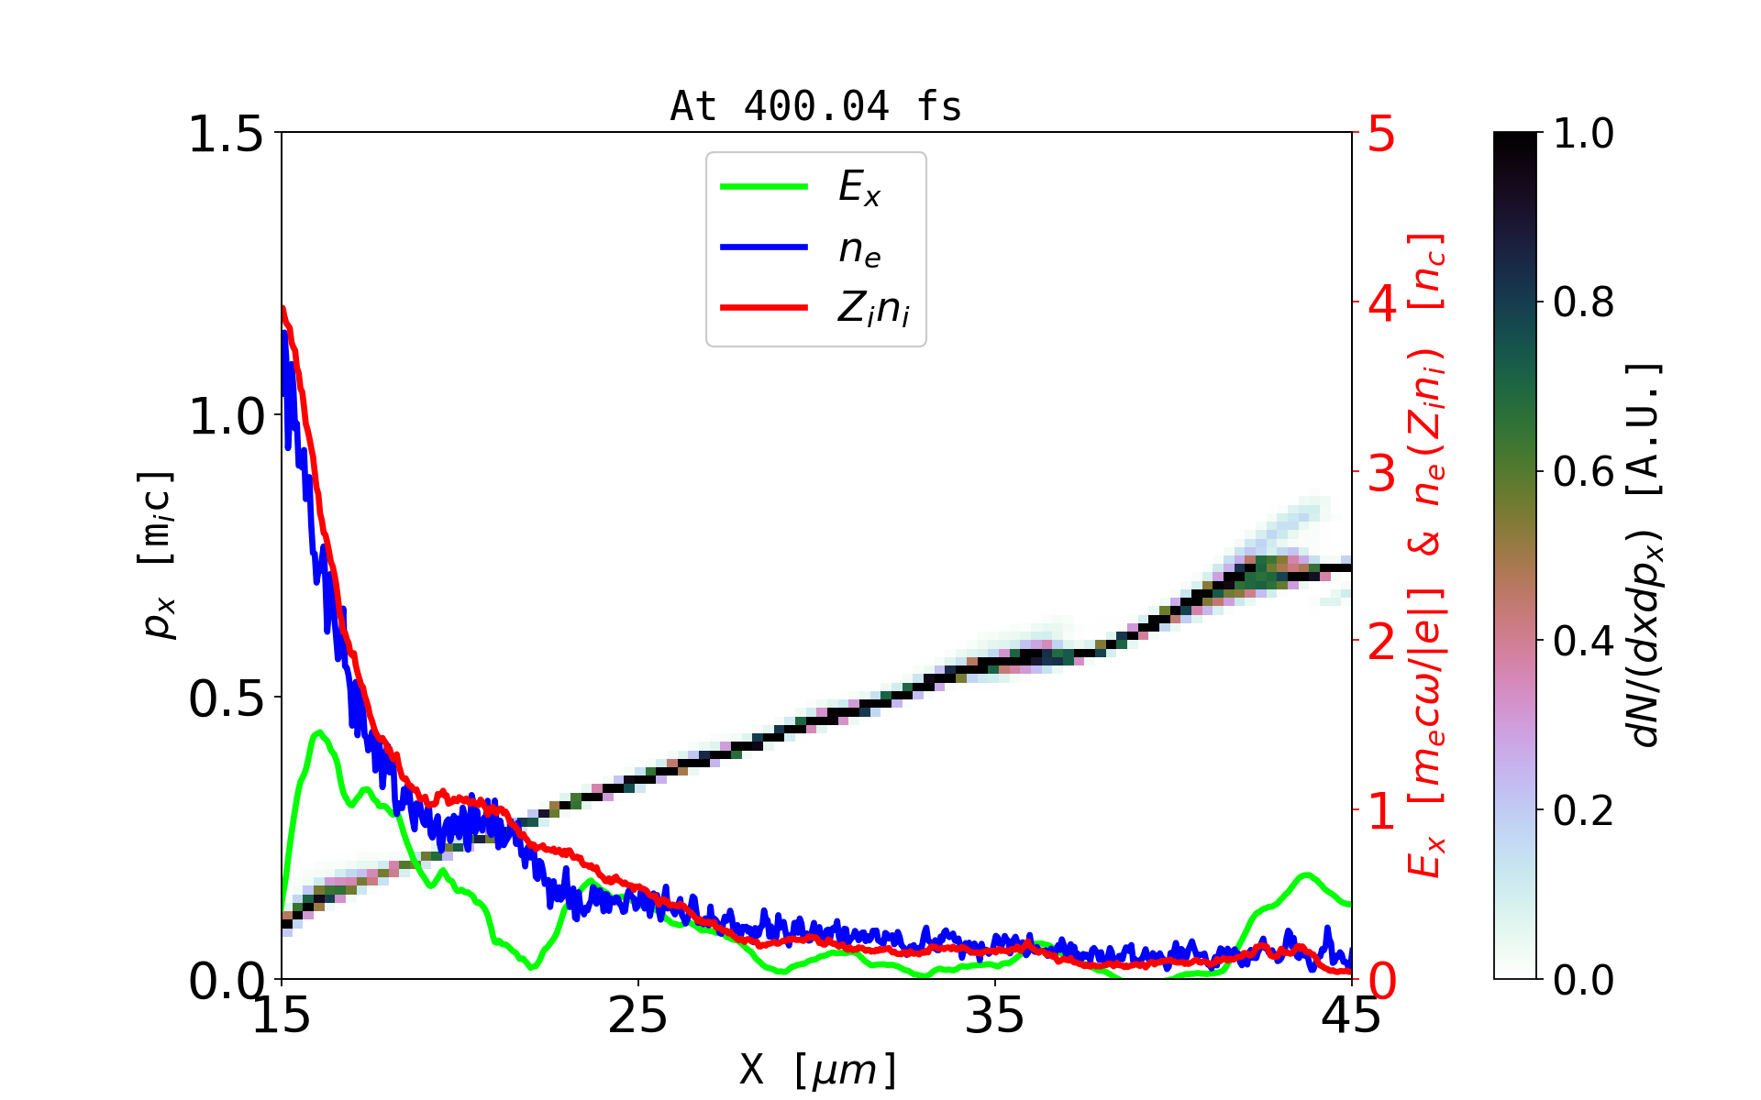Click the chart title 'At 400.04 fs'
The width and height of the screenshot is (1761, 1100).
click(x=815, y=107)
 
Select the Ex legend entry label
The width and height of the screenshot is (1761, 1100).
click(x=859, y=188)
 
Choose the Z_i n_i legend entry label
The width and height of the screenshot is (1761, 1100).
click(x=873, y=310)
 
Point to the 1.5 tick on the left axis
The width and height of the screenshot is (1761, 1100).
click(x=226, y=135)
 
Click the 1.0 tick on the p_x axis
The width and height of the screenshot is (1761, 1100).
click(x=226, y=417)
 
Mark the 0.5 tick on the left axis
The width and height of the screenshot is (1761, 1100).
click(x=226, y=699)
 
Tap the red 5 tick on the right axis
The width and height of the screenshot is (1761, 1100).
click(x=1382, y=135)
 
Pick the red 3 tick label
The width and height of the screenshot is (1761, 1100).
click(x=1382, y=473)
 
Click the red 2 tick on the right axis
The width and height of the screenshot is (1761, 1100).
click(x=1382, y=643)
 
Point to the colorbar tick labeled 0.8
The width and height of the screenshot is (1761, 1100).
click(x=1583, y=302)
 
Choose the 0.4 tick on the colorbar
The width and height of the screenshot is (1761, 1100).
click(x=1583, y=641)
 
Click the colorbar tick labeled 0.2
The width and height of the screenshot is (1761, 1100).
click(x=1583, y=810)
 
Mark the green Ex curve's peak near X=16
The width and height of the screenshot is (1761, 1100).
click(x=318, y=731)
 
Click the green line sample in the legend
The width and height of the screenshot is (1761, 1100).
click(x=764, y=187)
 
